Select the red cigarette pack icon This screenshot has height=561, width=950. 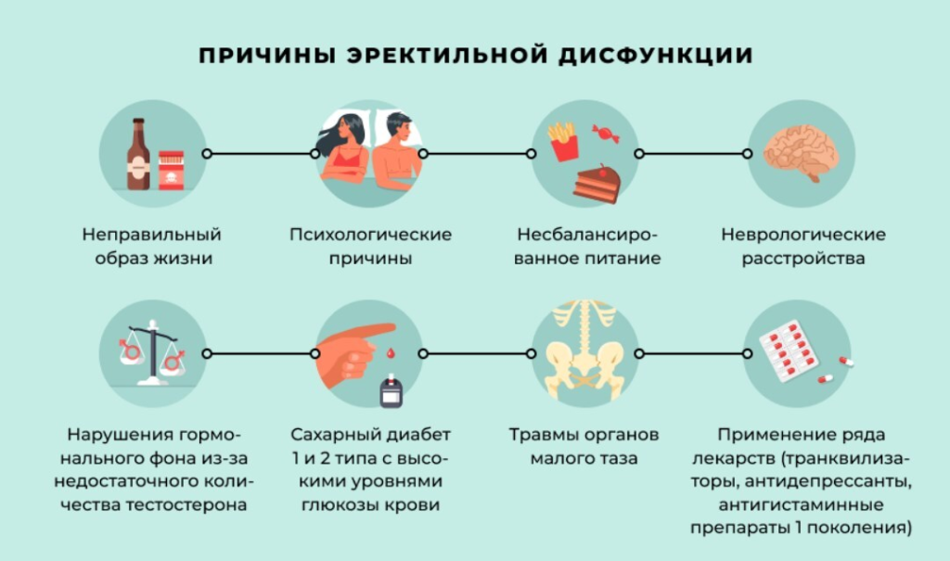(171, 171)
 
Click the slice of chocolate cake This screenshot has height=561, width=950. (595, 183)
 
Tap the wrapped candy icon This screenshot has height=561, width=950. (606, 134)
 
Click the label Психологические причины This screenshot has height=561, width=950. (370, 246)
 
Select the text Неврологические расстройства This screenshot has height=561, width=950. (803, 246)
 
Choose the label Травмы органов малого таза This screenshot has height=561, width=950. (584, 446)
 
